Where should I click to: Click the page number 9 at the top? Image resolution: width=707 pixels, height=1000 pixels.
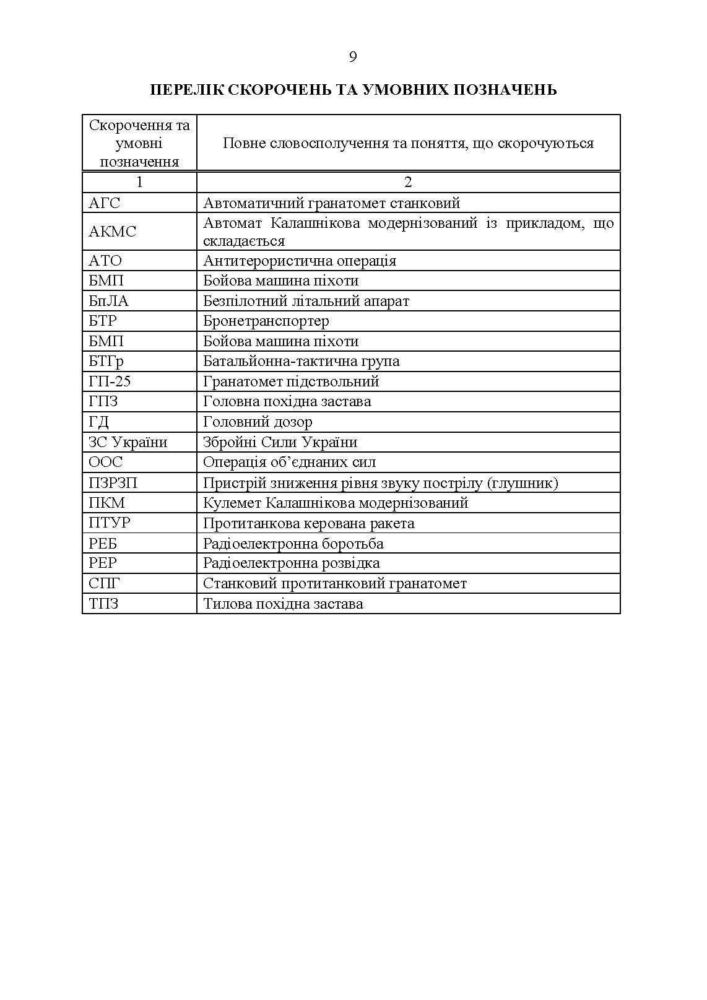(353, 58)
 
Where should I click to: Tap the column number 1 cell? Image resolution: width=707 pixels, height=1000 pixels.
(139, 182)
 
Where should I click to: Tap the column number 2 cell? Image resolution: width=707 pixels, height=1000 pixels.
(408, 182)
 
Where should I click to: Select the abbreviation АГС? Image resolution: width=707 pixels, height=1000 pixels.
(105, 203)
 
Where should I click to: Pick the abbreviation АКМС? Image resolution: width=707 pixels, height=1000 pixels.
(112, 232)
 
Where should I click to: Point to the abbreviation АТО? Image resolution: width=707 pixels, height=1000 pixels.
(105, 261)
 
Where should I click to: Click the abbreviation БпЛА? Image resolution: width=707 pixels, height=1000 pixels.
(109, 301)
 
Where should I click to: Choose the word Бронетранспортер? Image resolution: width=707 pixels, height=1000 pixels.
(266, 321)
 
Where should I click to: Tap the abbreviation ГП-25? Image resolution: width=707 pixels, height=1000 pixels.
(110, 381)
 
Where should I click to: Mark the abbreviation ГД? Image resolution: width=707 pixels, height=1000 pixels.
(99, 422)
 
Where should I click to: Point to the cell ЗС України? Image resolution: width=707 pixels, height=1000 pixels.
(128, 442)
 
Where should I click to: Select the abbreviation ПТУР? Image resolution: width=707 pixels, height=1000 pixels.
(110, 523)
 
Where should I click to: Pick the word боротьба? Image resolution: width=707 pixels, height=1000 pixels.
(352, 544)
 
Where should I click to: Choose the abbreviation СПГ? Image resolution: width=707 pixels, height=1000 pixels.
(105, 583)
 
